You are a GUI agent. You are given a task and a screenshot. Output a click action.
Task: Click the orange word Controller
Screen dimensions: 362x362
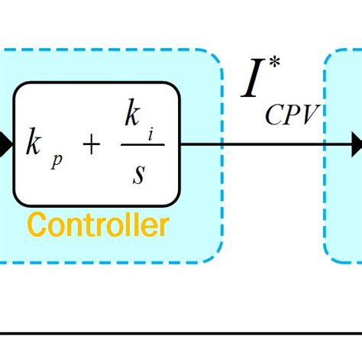click(x=98, y=225)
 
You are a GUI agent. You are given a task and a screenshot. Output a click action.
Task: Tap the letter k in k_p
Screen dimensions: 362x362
click(x=34, y=144)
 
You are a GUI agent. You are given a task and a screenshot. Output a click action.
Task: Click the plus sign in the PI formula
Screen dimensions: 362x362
click(x=90, y=144)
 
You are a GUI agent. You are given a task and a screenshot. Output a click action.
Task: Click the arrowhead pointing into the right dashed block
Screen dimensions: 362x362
click(x=356, y=143)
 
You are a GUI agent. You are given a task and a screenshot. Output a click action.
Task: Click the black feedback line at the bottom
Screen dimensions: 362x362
click(x=181, y=335)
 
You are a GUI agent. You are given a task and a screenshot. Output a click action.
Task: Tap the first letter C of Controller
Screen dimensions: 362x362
click(x=35, y=225)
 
